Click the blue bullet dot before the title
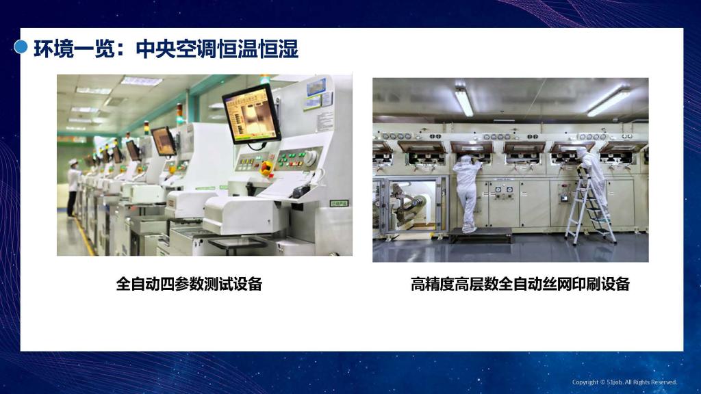tap(21, 47)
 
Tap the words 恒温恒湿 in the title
tap(257, 49)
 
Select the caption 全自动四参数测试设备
tap(189, 284)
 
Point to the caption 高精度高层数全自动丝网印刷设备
tap(520, 284)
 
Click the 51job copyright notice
tap(624, 382)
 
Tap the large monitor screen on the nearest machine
tap(251, 115)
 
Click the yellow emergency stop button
tap(267, 168)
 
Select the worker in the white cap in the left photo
tap(73, 187)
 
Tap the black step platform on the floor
tap(480, 235)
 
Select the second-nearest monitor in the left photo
tap(163, 141)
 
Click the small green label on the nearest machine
tap(339, 203)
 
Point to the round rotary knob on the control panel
tap(311, 157)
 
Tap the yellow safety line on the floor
tap(85, 237)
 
